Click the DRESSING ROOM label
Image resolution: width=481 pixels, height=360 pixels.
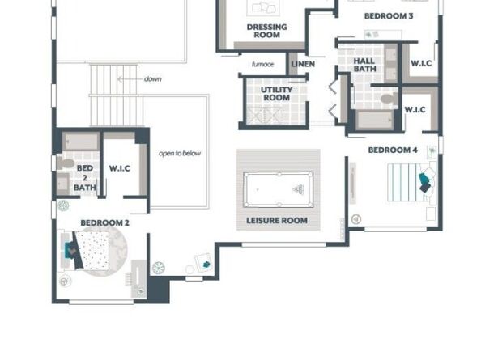(266, 31)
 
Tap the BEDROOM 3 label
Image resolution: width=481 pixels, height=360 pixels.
(389, 16)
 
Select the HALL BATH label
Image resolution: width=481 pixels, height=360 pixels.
(364, 65)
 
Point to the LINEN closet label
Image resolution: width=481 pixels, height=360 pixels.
(303, 64)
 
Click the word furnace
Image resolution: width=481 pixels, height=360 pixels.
(262, 64)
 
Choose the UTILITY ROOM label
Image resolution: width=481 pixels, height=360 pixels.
(275, 93)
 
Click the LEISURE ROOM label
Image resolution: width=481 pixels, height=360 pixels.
(277, 220)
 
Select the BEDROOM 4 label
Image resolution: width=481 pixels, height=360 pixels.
(393, 150)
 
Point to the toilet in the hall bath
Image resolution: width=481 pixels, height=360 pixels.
(387, 99)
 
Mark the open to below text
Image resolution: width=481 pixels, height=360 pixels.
(179, 153)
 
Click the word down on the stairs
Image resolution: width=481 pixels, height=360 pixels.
(152, 79)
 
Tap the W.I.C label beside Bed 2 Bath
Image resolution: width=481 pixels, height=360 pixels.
(120, 168)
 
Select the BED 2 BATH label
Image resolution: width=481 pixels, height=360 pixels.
(84, 178)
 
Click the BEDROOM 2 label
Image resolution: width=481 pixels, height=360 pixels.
(104, 222)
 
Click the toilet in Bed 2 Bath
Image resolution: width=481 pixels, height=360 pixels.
(66, 163)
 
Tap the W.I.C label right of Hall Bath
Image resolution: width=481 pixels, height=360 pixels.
(420, 63)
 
